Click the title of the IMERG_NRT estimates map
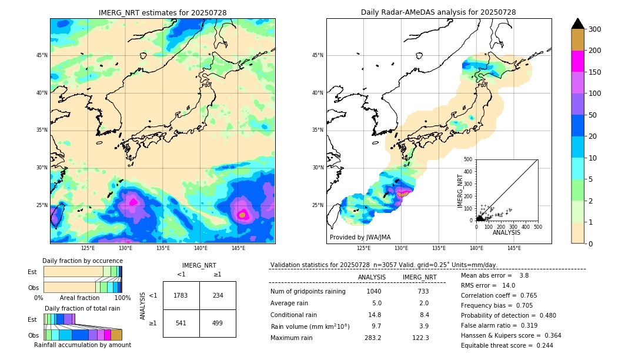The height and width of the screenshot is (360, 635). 162,13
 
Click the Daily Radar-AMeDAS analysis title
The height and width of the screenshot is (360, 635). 438,12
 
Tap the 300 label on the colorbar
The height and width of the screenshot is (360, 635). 595,29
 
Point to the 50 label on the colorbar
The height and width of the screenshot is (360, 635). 593,115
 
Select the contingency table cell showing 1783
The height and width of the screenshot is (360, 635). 181,295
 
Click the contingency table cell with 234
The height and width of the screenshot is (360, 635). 218,295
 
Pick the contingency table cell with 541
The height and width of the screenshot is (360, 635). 181,323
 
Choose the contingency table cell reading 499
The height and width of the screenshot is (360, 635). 218,323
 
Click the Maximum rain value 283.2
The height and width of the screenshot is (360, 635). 372,338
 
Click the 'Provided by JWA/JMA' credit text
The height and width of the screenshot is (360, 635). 360,238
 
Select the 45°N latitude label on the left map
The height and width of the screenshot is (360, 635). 42,55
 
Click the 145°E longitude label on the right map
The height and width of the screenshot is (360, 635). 514,249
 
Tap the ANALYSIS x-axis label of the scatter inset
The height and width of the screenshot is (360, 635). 507,232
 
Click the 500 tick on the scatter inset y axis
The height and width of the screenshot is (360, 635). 468,159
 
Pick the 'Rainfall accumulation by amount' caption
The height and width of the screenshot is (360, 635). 82,345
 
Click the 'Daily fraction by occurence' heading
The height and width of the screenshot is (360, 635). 82,261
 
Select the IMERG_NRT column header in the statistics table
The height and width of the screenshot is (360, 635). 419,277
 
